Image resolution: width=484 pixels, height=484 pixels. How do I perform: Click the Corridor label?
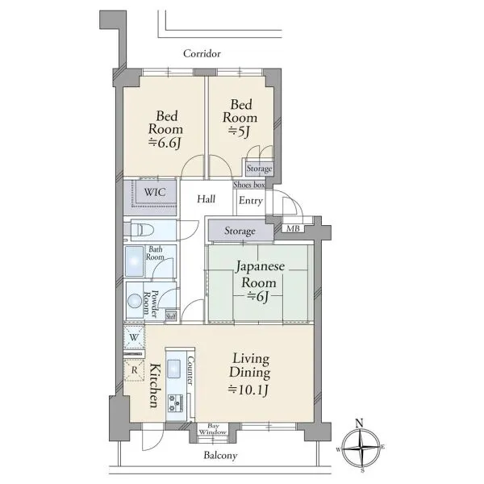[x=202, y=54]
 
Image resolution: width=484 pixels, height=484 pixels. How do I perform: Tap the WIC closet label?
[x=155, y=192]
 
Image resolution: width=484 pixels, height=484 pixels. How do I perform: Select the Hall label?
[x=207, y=198]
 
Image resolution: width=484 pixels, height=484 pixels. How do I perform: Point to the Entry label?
[x=251, y=201]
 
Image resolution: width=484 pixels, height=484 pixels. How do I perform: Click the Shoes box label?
[x=249, y=185]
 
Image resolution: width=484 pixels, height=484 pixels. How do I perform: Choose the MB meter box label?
[x=293, y=229]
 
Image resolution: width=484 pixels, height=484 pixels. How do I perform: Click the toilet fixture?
[x=143, y=230]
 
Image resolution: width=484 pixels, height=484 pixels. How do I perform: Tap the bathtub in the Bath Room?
[x=135, y=261]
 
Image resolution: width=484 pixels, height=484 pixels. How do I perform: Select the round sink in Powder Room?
[x=135, y=300]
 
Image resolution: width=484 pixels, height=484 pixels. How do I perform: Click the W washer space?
[x=134, y=337]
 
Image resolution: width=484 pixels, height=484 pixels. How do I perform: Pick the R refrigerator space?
[x=134, y=370]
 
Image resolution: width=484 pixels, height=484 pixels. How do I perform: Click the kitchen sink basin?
[x=174, y=369]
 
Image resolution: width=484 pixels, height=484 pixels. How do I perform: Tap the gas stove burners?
[x=175, y=403]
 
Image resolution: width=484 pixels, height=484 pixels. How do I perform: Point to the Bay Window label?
[x=213, y=429]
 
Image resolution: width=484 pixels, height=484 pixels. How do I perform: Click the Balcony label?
[x=220, y=456]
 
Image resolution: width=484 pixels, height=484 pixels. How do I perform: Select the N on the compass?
[x=359, y=423]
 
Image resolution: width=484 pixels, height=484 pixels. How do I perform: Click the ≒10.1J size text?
[x=248, y=390]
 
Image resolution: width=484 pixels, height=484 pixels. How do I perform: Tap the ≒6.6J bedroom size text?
[x=165, y=143]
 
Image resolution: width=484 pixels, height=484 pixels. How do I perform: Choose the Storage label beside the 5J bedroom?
[x=259, y=169]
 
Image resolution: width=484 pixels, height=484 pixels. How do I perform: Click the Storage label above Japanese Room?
[x=240, y=231]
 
